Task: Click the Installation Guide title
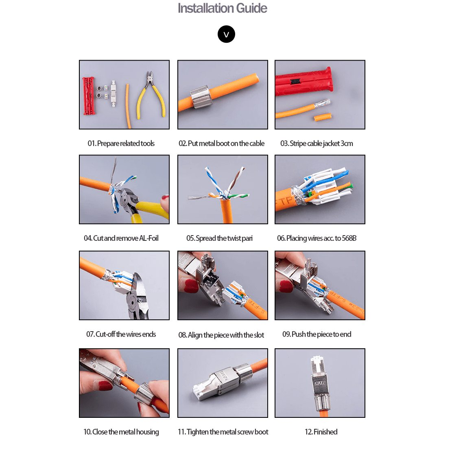[x=222, y=8]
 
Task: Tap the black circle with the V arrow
[x=226, y=34]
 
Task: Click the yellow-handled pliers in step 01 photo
[x=151, y=95]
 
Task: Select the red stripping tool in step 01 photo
[x=89, y=96]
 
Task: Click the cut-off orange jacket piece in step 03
[x=322, y=117]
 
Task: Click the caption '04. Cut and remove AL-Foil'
[x=121, y=238]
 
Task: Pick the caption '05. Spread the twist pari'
[x=219, y=238]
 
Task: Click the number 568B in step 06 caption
[x=349, y=238]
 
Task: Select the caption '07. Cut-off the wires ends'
[x=121, y=334]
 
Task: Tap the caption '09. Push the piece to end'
[x=317, y=334]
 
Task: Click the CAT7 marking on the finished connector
[x=320, y=383]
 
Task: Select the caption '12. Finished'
[x=321, y=432]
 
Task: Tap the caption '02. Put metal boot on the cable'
[x=221, y=143]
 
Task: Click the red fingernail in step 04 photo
[x=165, y=198]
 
